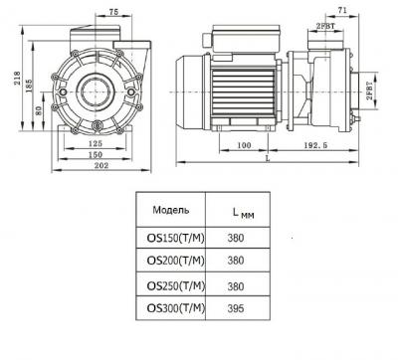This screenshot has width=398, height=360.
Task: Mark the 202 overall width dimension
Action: tap(99, 168)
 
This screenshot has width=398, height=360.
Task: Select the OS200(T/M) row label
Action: tap(169, 261)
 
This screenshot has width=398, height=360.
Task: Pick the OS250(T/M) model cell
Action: tap(169, 284)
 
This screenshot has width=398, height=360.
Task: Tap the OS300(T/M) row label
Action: tap(169, 307)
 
